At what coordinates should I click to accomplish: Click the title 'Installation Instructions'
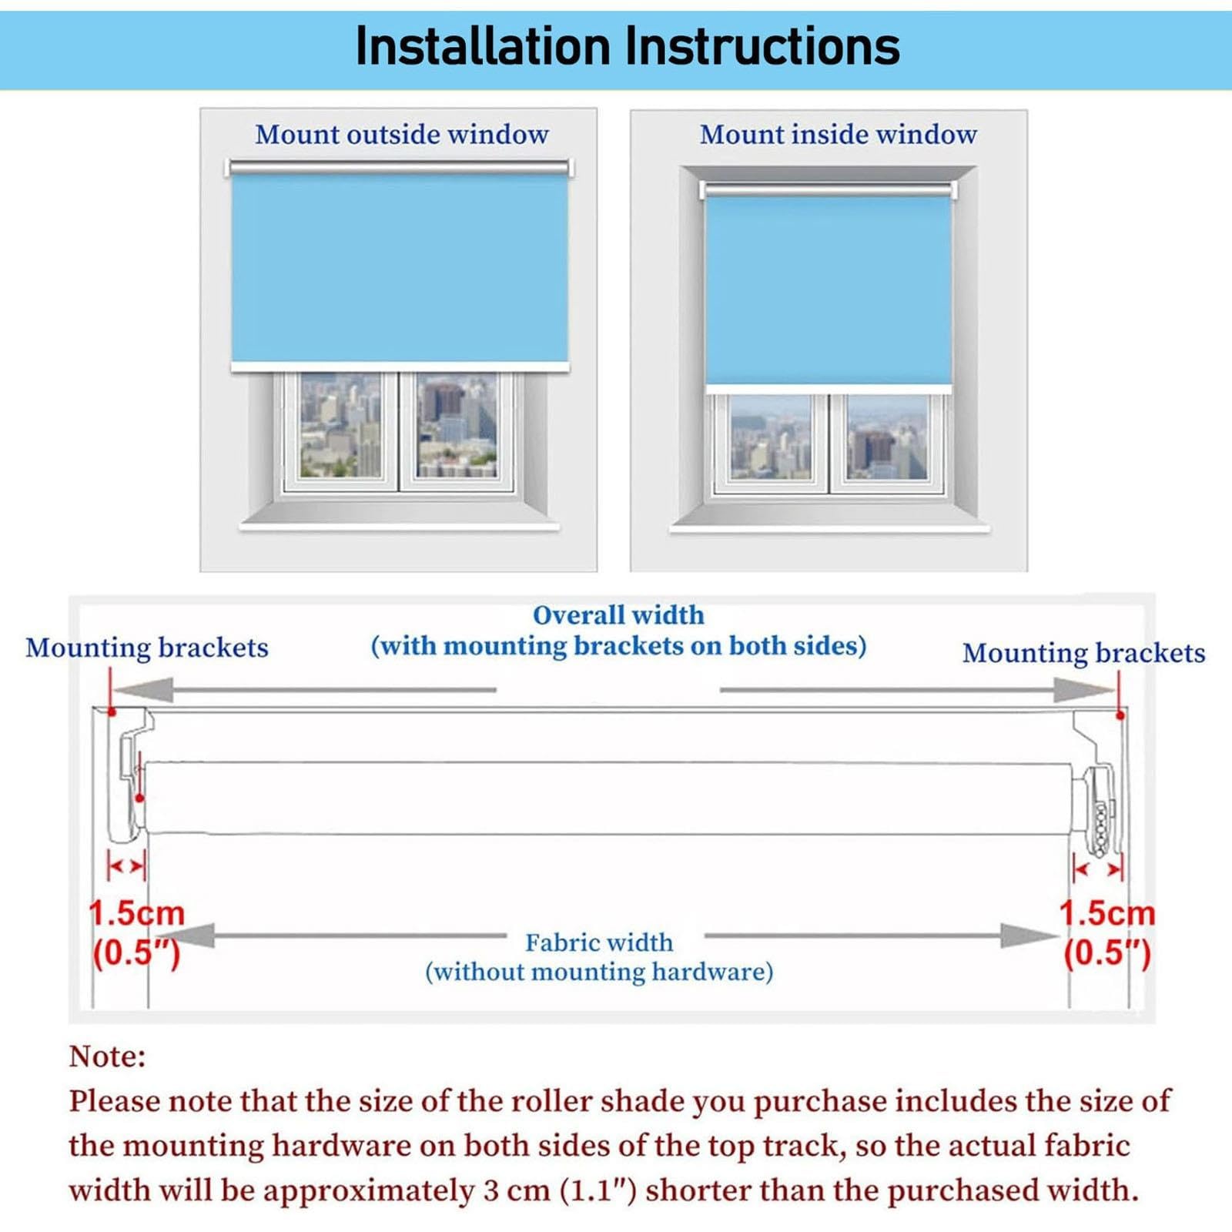coord(627,46)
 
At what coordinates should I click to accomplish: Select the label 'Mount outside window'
coord(402,135)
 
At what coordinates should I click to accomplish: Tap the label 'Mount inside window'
coord(838,135)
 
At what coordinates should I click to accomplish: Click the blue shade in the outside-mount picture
coord(400,268)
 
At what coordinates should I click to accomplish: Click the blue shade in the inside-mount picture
coord(829,290)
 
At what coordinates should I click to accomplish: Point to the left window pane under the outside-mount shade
coord(340,426)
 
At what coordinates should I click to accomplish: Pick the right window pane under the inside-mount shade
coord(887,437)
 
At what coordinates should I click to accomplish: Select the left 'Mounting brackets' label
coord(147,648)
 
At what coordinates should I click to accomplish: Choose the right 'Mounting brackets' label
coord(1083,653)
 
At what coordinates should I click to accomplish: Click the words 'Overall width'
coord(618,615)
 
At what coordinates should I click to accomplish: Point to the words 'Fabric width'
coord(599,942)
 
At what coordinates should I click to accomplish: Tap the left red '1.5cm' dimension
coord(137,914)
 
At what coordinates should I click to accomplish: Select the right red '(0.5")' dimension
coord(1107,954)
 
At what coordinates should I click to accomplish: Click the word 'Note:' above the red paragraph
coord(107,1056)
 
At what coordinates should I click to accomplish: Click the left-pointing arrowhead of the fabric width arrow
coord(197,936)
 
